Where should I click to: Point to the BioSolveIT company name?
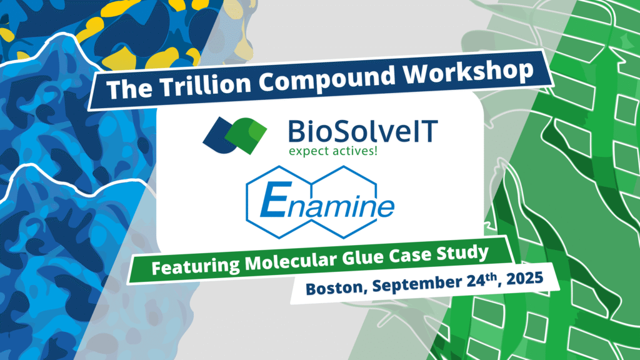[363, 131]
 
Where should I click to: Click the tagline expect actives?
[333, 151]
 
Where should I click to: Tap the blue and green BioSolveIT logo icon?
[235, 135]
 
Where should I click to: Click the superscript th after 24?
[491, 277]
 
